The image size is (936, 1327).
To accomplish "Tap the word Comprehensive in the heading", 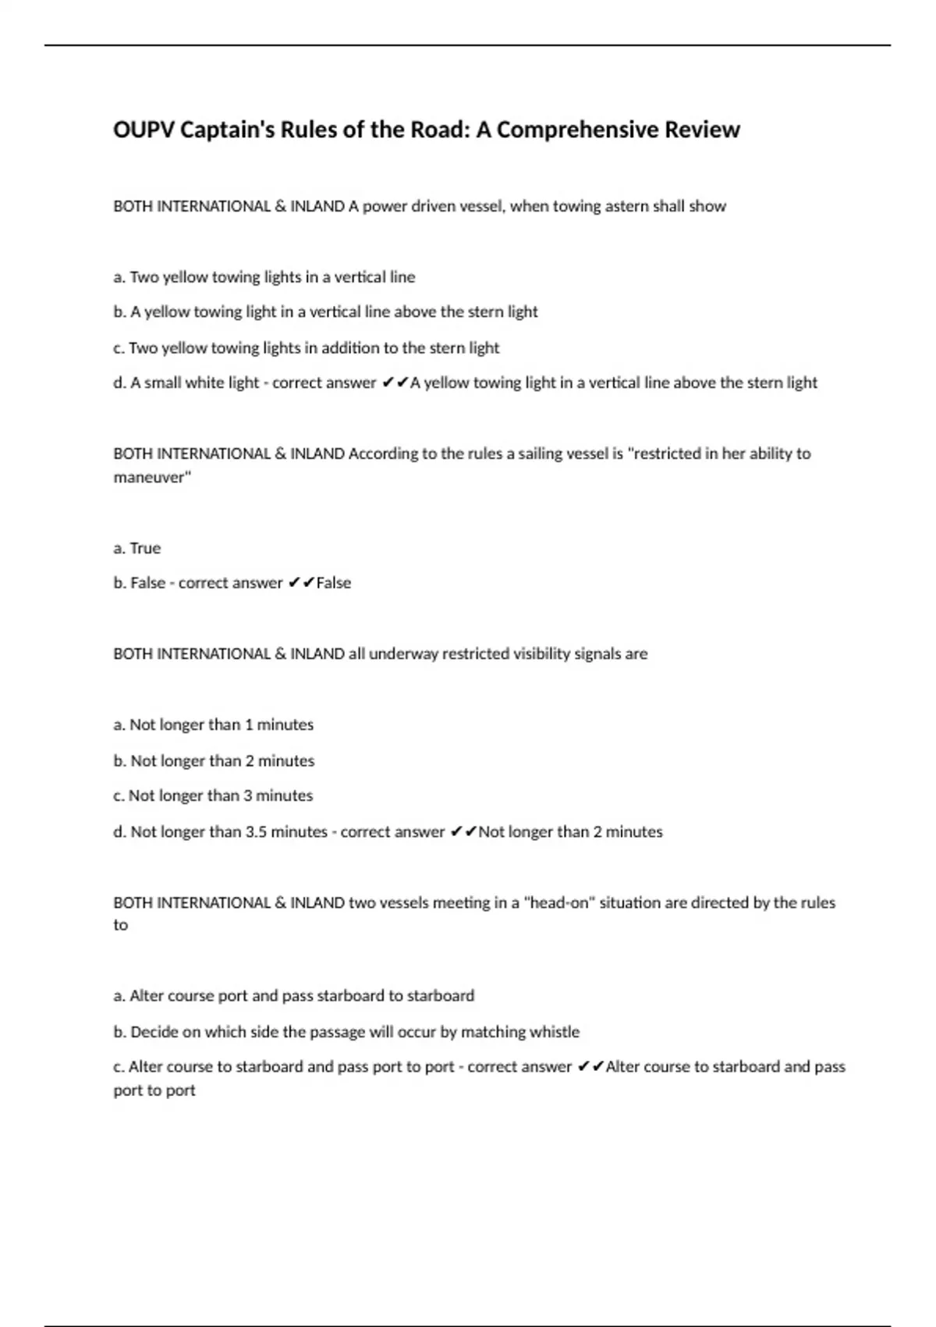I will tap(577, 130).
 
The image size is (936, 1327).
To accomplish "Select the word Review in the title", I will tap(702, 130).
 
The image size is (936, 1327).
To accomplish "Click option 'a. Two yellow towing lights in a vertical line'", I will tap(264, 277).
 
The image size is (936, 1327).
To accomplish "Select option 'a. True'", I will tap(137, 548).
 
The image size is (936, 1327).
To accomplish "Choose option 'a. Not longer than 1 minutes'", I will tap(214, 724).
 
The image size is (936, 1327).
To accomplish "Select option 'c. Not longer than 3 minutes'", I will tap(213, 795).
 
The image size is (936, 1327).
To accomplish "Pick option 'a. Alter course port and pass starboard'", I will tap(294, 996).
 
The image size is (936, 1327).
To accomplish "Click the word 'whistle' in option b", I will tap(555, 1032).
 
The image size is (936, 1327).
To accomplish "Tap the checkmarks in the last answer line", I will tap(590, 1067).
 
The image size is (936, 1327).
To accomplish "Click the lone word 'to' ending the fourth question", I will tap(121, 926).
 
